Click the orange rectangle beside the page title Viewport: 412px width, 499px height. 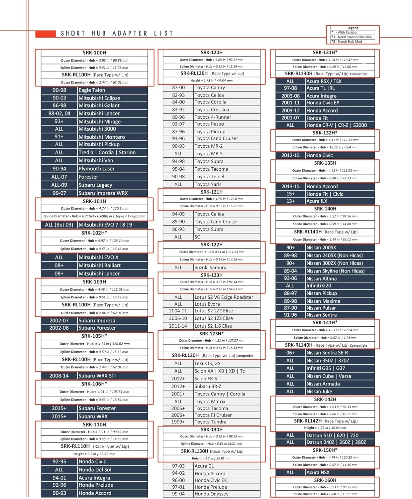coord(46,34)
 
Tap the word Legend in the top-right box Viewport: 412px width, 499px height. coord(353,28)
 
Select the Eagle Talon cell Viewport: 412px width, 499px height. coord(92,90)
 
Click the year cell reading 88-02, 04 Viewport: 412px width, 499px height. coord(59,113)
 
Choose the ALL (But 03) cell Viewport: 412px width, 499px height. coord(59,225)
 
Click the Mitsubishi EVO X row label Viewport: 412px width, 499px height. coord(98,257)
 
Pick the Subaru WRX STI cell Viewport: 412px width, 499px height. coord(97,376)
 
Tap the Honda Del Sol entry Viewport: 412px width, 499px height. coord(95,470)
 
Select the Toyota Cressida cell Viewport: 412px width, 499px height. coord(212,110)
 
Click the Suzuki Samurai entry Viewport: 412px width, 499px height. coord(211,267)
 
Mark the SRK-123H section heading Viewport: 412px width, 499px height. coord(212,275)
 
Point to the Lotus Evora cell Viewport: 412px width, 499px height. coord(207,304)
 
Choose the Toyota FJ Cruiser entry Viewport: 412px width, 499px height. coord(213,415)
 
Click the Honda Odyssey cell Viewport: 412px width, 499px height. coord(211,494)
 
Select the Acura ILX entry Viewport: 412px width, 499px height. coord(317,201)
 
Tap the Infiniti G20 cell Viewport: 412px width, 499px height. coord(319,286)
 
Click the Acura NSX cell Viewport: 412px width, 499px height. coord(318,472)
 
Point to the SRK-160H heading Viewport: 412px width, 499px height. coord(325,480)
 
